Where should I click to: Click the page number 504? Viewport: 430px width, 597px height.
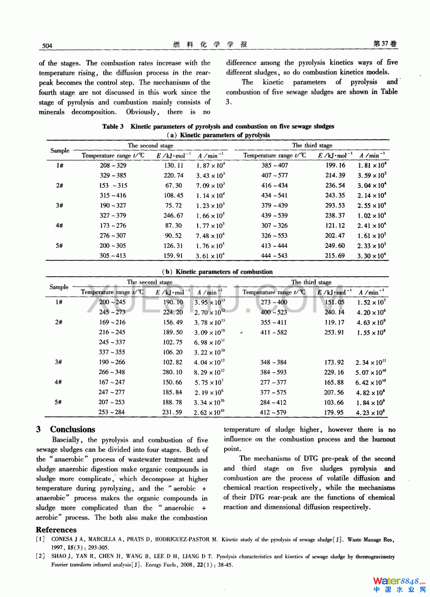(47, 46)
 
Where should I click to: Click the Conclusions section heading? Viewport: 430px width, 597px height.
(72, 429)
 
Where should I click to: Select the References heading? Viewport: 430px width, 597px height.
(56, 530)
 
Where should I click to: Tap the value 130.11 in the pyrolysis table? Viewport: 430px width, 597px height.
(173, 165)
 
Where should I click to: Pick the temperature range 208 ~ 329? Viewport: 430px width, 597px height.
(113, 165)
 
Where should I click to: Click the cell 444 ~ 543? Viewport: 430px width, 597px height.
(274, 256)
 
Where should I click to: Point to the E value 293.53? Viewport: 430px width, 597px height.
(335, 206)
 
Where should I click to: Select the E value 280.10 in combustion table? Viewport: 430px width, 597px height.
(172, 372)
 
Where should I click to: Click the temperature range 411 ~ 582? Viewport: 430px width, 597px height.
(274, 332)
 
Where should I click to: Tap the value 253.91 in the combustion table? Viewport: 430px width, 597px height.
(334, 332)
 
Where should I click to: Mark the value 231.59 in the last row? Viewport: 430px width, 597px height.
(172, 412)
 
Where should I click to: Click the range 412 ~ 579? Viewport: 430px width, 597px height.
(273, 413)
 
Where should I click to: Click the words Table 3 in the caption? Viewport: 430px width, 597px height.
(113, 127)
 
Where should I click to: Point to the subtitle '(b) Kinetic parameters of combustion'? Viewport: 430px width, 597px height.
(217, 272)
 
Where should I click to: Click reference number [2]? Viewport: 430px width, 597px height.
(40, 557)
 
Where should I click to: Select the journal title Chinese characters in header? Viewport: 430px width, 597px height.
(210, 44)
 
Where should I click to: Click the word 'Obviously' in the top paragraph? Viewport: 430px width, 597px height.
(141, 112)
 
